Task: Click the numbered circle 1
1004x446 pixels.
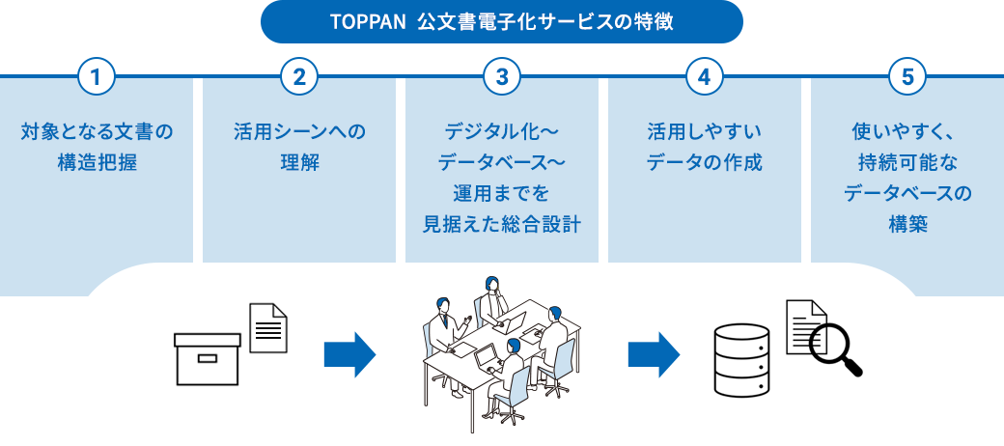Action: tap(97, 77)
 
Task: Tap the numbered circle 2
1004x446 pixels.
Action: tap(299, 77)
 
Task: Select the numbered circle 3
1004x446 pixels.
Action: tap(501, 77)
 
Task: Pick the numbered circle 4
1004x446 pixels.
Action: tap(704, 77)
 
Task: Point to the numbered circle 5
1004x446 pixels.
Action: tap(906, 77)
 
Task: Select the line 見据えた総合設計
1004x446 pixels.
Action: tap(501, 225)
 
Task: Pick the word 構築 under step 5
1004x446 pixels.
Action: tap(906, 225)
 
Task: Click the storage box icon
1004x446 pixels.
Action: tap(207, 358)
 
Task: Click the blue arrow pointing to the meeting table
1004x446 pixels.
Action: tap(349, 354)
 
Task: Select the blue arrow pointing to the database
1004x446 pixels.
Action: tap(654, 354)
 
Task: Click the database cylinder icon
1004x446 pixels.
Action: tap(740, 356)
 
